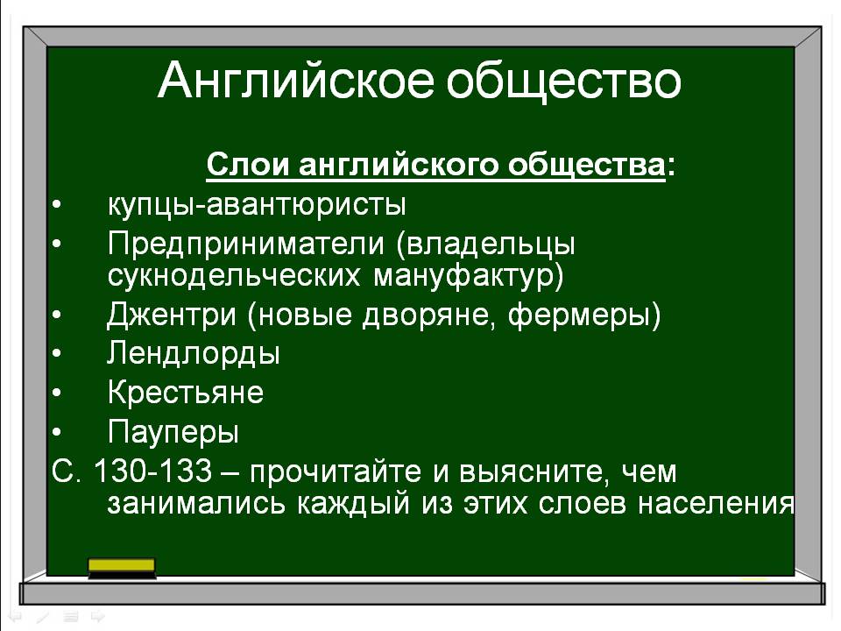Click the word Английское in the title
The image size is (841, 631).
coord(295,81)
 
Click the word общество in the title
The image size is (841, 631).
coord(563,81)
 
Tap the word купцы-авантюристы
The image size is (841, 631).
coord(257,205)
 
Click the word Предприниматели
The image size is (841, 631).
coord(246,245)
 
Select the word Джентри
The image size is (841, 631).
coord(172,315)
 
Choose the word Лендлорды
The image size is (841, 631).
coord(194,354)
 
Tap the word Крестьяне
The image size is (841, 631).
coord(186,393)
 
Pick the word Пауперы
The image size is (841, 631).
coord(173,432)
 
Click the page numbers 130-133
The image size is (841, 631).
coord(152,471)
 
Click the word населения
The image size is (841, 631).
coord(716,504)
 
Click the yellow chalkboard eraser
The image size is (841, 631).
coord(122,568)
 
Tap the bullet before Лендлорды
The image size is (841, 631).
coord(57,354)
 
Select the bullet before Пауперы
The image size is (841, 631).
coord(57,432)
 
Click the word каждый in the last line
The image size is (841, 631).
coord(353,504)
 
